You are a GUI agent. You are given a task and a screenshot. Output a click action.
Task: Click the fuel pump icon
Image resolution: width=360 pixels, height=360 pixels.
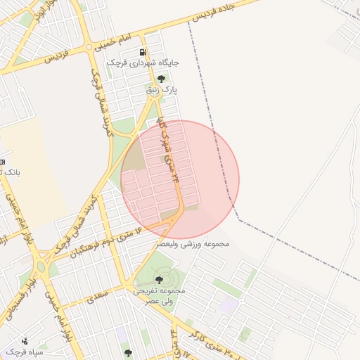click(143, 52)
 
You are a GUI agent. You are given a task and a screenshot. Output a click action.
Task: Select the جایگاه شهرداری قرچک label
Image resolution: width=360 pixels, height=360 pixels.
click(143, 63)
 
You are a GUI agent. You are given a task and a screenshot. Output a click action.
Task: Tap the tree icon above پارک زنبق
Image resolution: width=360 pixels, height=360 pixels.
click(162, 79)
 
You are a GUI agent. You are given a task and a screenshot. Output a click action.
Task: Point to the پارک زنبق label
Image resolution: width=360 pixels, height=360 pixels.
click(162, 90)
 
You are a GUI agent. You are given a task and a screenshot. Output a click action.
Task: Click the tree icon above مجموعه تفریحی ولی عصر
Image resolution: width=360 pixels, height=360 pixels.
click(157, 280)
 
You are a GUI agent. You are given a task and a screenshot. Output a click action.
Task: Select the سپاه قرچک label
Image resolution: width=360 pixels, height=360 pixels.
click(25, 350)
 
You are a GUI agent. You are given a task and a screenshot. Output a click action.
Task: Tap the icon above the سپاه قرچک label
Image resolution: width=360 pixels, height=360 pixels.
click(25, 340)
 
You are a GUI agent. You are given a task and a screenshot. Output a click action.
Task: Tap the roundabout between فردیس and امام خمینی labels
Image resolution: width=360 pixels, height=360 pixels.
click(89, 47)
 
